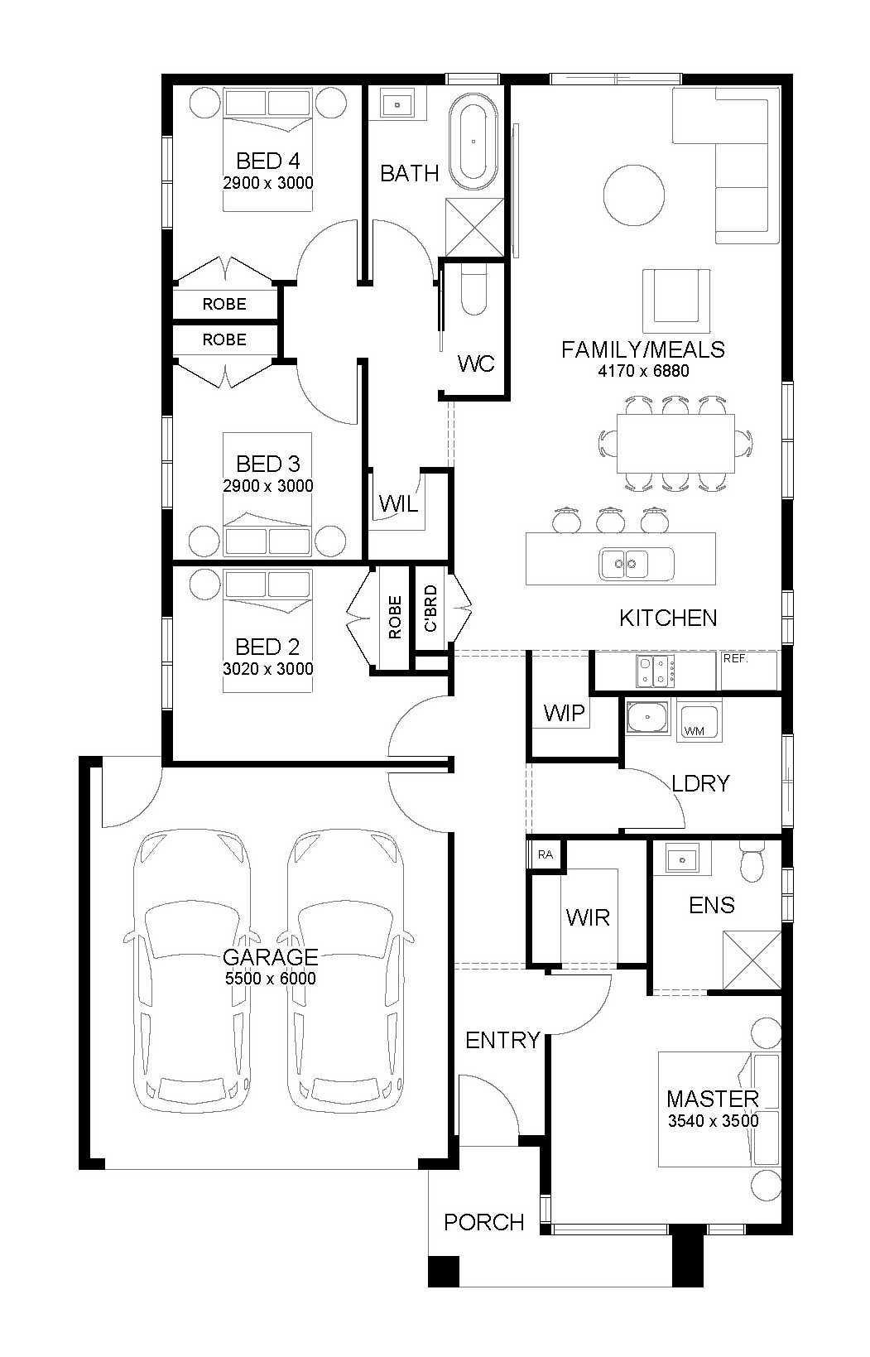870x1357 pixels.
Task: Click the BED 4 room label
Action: click(267, 161)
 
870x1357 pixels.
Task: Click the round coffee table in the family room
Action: click(634, 195)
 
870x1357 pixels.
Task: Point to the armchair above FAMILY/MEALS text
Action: click(675, 301)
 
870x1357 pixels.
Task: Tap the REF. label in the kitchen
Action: click(736, 658)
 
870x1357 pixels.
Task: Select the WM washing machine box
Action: click(699, 721)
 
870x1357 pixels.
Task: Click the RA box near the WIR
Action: click(545, 854)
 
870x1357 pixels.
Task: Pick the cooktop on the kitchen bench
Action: click(656, 671)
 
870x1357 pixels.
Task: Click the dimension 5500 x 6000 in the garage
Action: click(270, 978)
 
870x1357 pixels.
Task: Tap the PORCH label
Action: click(484, 1223)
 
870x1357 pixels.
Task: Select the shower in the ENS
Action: click(752, 960)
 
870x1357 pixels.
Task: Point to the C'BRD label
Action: click(430, 609)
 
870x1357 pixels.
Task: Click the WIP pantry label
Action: click(564, 713)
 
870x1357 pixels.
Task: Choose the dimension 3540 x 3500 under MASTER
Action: click(713, 1120)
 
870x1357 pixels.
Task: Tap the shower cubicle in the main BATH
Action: click(474, 228)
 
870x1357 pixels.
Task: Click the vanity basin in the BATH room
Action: click(397, 104)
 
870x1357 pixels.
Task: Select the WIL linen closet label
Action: click(398, 503)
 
